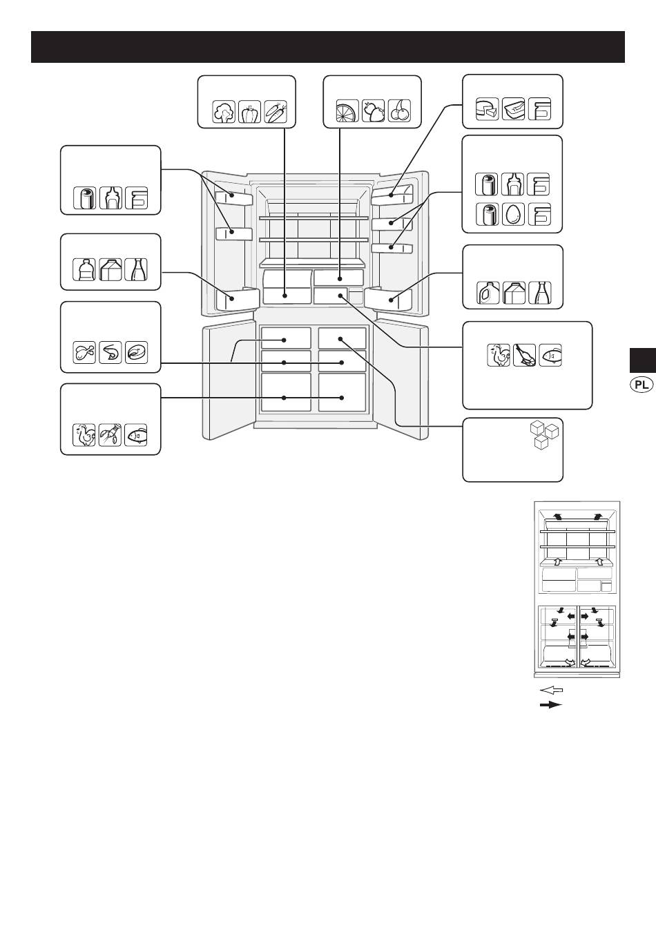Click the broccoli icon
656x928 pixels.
pyautogui.click(x=224, y=112)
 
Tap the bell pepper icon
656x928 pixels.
pyautogui.click(x=250, y=112)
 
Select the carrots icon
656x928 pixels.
pyautogui.click(x=276, y=112)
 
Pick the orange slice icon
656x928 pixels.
pyautogui.click(x=347, y=111)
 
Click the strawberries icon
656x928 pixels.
pyautogui.click(x=374, y=111)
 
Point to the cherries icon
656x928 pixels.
pyautogui.click(x=400, y=111)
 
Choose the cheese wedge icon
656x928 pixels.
pyautogui.click(x=487, y=109)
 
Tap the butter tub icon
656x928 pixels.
pyautogui.click(x=513, y=109)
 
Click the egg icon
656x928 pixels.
pyautogui.click(x=513, y=214)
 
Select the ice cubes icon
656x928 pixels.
pyautogui.click(x=545, y=436)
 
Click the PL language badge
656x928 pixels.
pyautogui.click(x=641, y=385)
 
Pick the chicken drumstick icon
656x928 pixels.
pyautogui.click(x=84, y=353)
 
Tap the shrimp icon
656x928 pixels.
pyautogui.click(x=110, y=353)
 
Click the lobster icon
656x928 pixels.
pyautogui.click(x=110, y=435)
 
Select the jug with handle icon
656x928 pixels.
pyautogui.click(x=488, y=293)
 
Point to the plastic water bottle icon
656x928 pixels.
pyautogui.click(x=84, y=270)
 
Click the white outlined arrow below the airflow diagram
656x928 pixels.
pyautogui.click(x=552, y=690)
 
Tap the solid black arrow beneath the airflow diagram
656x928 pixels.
pyautogui.click(x=551, y=705)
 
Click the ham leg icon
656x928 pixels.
pyautogui.click(x=524, y=356)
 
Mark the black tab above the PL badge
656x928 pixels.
pyautogui.click(x=643, y=360)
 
